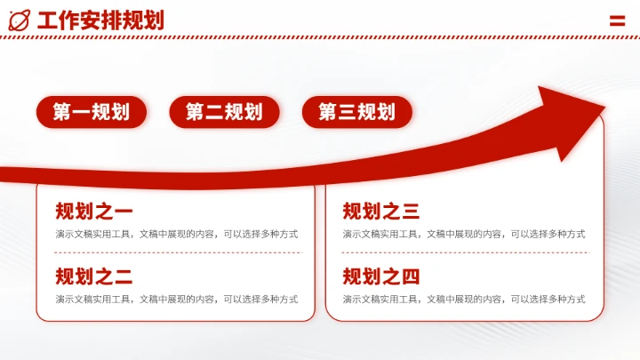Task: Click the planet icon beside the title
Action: (19, 19)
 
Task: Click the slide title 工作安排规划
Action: (100, 20)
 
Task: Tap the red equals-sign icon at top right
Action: (618, 20)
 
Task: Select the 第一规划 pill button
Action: (91, 112)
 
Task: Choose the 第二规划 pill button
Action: (224, 112)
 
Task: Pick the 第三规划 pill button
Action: (356, 112)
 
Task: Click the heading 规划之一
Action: (93, 212)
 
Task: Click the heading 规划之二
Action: (93, 276)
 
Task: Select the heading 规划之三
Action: (380, 212)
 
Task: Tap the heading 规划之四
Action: (380, 276)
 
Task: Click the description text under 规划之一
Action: (176, 234)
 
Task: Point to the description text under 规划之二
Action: (176, 299)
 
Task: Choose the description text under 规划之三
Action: (464, 234)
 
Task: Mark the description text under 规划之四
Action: (464, 299)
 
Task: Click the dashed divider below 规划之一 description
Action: (176, 252)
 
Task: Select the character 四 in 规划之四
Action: (410, 276)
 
